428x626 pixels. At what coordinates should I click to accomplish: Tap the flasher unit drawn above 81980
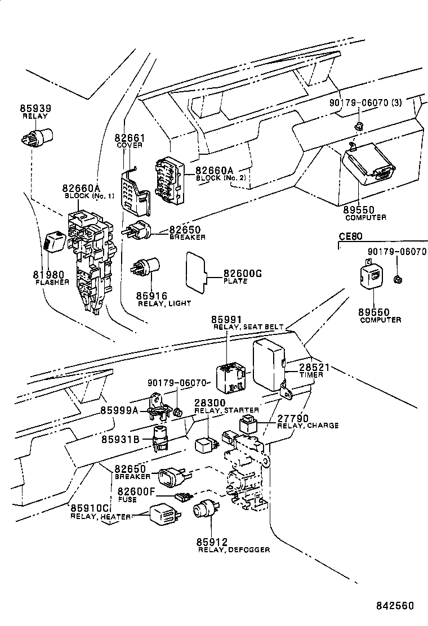[x=54, y=240]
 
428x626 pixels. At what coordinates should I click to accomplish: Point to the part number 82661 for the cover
[x=130, y=138]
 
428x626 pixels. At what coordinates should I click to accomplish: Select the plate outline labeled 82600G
[x=195, y=271]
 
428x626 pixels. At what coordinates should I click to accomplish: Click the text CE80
[x=349, y=236]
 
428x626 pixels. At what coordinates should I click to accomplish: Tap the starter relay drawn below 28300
[x=205, y=444]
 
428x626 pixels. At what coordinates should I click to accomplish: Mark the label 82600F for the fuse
[x=136, y=491]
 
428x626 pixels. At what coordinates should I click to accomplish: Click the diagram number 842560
[x=395, y=606]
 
